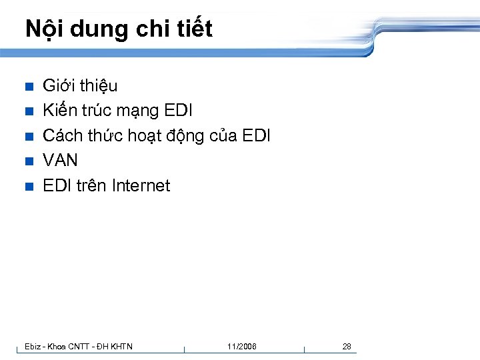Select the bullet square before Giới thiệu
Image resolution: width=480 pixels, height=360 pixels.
(28, 87)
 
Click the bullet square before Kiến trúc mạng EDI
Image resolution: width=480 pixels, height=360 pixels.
(28, 111)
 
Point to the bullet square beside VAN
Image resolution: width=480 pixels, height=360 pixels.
(28, 161)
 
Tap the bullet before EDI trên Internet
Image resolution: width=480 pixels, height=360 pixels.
(28, 186)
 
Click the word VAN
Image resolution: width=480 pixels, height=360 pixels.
(60, 161)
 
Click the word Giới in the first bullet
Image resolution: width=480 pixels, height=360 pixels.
(59, 86)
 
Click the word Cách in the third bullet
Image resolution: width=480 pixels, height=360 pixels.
(63, 136)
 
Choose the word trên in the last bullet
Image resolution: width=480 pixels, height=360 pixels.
(91, 185)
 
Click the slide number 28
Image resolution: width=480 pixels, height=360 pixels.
(347, 346)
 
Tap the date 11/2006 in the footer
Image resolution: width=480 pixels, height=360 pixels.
(241, 346)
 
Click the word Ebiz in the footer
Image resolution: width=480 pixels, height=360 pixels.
(33, 346)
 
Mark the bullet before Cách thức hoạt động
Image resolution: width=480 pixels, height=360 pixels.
(28, 137)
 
